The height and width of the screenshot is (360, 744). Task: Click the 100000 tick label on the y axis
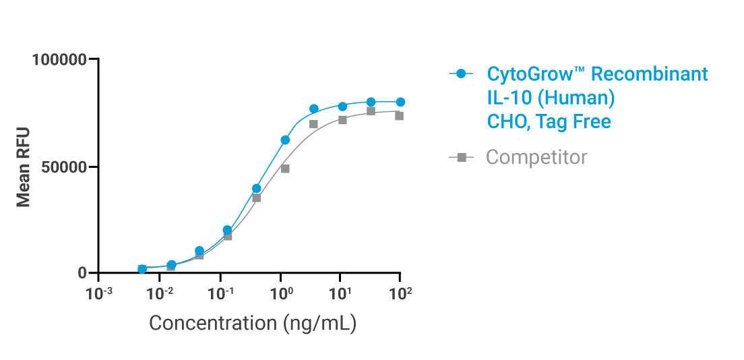click(60, 59)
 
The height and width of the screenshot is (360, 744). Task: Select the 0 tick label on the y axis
click(82, 273)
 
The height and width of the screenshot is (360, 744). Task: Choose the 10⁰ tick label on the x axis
click(280, 293)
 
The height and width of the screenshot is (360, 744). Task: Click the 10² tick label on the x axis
click(400, 293)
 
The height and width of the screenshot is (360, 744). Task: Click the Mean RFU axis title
click(24, 167)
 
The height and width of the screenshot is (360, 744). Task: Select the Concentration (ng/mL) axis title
click(252, 323)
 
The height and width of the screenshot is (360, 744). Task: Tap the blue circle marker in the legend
click(461, 73)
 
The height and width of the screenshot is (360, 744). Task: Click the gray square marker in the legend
click(462, 157)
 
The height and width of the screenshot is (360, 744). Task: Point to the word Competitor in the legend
click(536, 157)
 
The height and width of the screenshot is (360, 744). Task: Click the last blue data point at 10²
click(400, 102)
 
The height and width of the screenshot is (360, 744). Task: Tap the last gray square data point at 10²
click(399, 115)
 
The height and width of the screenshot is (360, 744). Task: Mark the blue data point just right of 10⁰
click(285, 140)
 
